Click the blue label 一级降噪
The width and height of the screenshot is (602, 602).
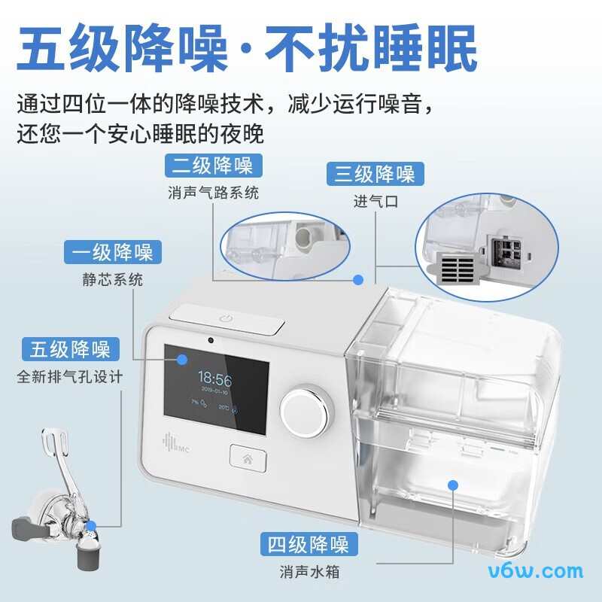coord(112,251)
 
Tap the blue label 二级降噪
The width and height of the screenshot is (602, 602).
coord(212,165)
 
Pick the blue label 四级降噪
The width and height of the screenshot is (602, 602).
coord(309,543)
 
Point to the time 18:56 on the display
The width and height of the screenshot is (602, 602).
coord(214,378)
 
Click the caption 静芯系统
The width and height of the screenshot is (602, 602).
coord(112,280)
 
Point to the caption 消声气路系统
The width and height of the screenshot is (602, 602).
coord(213,193)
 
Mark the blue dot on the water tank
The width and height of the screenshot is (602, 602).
coord(453,485)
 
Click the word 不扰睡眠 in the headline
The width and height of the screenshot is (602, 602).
coord(371,50)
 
